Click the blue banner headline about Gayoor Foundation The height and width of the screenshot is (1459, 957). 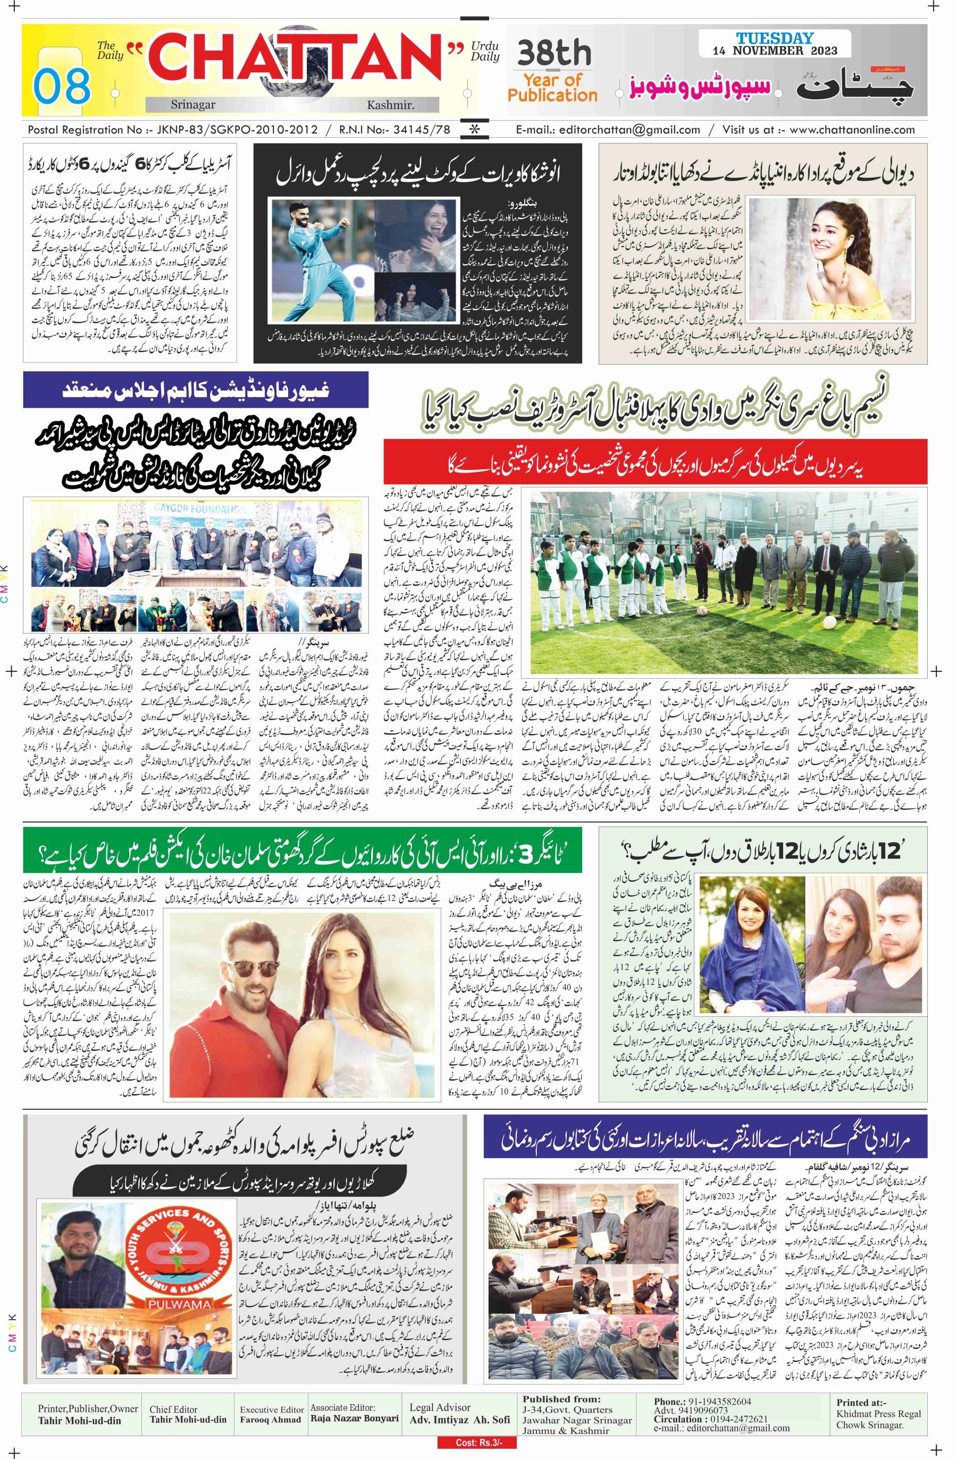[196, 391]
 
